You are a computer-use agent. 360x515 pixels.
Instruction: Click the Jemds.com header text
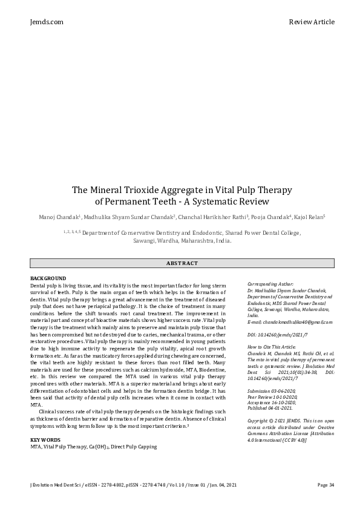tap(46, 22)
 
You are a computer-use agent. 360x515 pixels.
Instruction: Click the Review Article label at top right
tap(312, 22)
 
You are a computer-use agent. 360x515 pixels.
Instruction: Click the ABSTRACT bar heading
tap(182, 263)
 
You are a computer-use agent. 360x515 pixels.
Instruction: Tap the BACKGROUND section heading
tap(48, 278)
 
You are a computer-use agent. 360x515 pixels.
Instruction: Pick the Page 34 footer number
tap(326, 485)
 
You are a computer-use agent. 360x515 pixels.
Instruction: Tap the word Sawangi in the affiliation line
tap(146, 240)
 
